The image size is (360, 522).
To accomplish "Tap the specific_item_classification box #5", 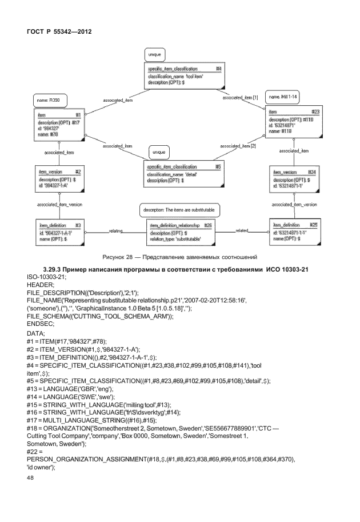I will tap(184, 173).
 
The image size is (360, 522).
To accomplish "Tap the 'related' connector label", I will tap(242, 230).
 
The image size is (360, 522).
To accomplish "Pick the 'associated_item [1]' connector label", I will tap(239, 98).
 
